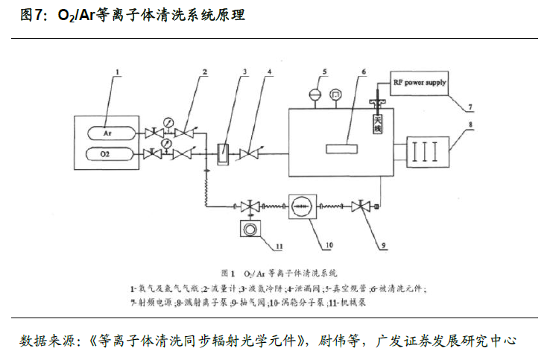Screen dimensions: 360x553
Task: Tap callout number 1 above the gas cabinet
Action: point(117,73)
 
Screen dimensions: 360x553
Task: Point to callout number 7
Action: point(470,110)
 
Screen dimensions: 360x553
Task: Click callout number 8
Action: point(470,124)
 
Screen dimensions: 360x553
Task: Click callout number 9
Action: point(384,244)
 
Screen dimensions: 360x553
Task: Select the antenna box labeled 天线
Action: point(378,121)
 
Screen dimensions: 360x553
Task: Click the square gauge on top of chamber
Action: point(336,95)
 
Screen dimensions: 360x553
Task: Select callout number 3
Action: point(244,72)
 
